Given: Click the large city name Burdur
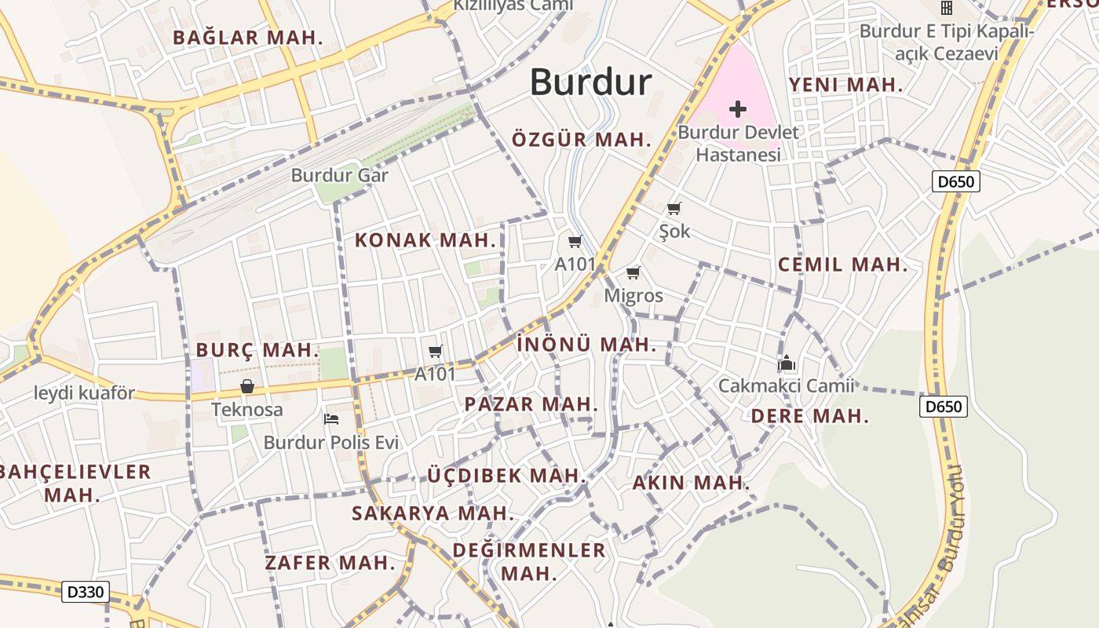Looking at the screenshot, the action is pos(590,82).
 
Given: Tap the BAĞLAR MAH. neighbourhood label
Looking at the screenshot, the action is pos(248,38).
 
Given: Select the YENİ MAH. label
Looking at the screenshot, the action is pos(846,85).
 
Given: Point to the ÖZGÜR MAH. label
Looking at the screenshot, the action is pos(582,141).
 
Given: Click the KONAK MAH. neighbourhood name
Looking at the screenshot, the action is pos(426,240).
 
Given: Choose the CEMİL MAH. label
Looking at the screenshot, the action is pos(842,265).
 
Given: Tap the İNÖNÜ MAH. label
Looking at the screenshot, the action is pos(586,345).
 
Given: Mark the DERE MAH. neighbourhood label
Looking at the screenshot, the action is pos(810,416).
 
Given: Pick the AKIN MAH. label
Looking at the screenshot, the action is pos(691,483).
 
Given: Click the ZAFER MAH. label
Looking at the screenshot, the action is pos(330,563).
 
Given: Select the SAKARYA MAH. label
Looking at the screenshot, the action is pos(433,513).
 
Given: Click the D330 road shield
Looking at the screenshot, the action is pos(86,592).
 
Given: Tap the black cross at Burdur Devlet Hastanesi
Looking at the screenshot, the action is pos(737,108).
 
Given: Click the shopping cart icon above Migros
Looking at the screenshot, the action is pos(633,273).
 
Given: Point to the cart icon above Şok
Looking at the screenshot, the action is pos(674,209).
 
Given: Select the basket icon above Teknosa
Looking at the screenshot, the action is pos(247,386).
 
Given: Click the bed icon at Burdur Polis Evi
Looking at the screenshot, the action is pos(331,418).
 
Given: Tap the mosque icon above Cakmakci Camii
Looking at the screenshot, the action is pos(786,363).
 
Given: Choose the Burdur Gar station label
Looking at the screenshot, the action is pos(339,175).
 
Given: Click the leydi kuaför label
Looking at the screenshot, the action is pos(85,392).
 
